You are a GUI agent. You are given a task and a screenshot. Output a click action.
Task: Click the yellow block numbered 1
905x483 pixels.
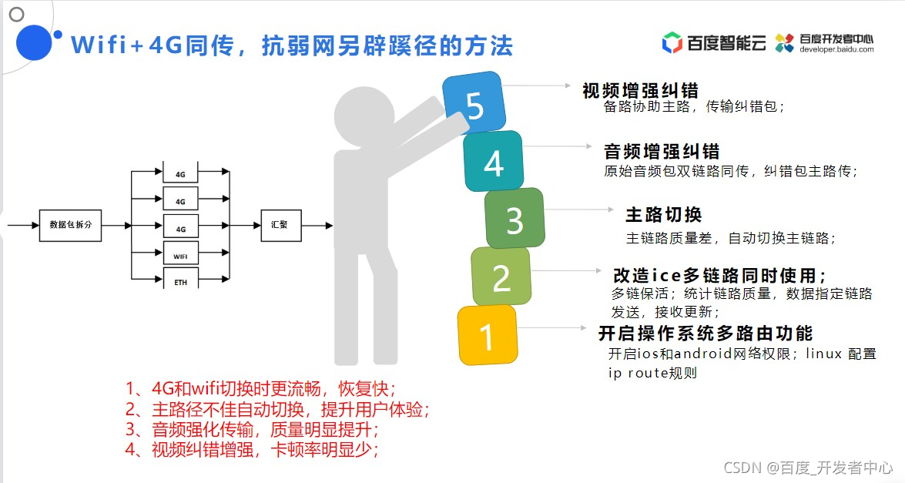487,336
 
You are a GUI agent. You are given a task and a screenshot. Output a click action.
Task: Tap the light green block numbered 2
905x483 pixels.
501,277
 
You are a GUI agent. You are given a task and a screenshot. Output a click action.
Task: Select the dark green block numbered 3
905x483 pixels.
515,220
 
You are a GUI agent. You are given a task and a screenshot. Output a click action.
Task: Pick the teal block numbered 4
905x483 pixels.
494,162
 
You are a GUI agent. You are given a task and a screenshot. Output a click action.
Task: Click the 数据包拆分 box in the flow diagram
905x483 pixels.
70,225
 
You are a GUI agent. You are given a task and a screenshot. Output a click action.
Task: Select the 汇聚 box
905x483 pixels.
280,225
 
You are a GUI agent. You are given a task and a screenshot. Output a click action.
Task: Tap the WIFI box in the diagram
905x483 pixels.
181,254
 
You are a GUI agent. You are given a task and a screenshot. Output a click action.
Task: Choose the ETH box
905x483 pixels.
181,280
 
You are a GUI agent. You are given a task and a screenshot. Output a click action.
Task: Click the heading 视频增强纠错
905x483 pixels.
640,90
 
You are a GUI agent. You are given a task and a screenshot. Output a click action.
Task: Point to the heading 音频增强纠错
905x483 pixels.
662,151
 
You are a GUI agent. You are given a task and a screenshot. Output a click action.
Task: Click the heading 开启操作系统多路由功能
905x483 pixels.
706,334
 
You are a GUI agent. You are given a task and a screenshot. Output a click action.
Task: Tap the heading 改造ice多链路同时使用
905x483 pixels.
720,275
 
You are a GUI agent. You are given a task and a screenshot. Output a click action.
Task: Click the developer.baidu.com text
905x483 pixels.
836,49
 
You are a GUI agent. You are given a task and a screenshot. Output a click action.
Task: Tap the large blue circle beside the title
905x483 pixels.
33,42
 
